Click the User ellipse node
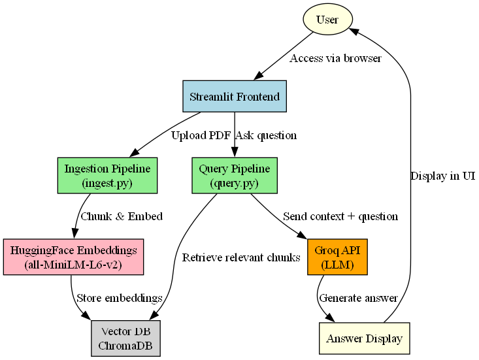click(x=327, y=19)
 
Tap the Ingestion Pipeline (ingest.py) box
click(x=108, y=176)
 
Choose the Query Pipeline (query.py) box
click(x=235, y=176)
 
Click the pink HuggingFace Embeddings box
click(x=74, y=256)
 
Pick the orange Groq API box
click(x=337, y=256)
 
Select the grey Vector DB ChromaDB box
click(x=125, y=338)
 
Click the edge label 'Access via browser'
click(x=335, y=58)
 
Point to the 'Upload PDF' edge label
click(x=201, y=136)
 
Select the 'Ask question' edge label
click(x=266, y=136)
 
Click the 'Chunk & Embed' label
click(x=121, y=216)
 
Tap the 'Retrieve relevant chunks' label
click(x=241, y=257)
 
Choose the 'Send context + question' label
click(x=340, y=216)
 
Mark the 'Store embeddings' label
click(x=119, y=298)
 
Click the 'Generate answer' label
click(x=357, y=298)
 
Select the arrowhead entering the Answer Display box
click(x=331, y=318)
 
